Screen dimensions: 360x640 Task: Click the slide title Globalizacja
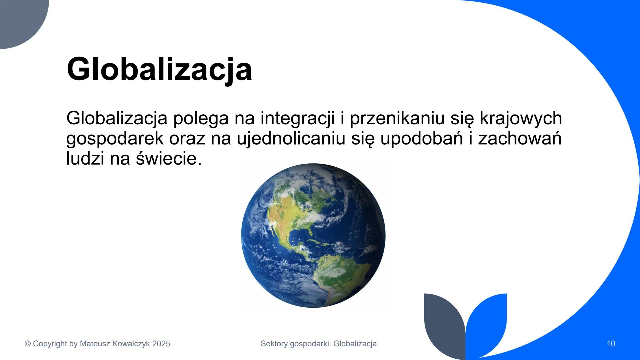point(159,69)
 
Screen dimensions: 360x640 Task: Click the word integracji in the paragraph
point(297,118)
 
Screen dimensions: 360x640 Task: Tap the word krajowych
point(521,118)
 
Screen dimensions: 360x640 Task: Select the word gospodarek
point(115,138)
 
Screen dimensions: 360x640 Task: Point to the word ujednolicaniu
point(291,138)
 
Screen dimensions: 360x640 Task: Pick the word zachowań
point(520,138)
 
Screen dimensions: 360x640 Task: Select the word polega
point(201,118)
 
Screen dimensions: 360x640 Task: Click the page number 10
point(611,344)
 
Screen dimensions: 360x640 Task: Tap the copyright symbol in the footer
point(28,344)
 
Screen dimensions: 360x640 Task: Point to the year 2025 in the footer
point(161,344)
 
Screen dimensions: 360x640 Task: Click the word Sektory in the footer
point(274,344)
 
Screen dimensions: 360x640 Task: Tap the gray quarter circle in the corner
point(18,18)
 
